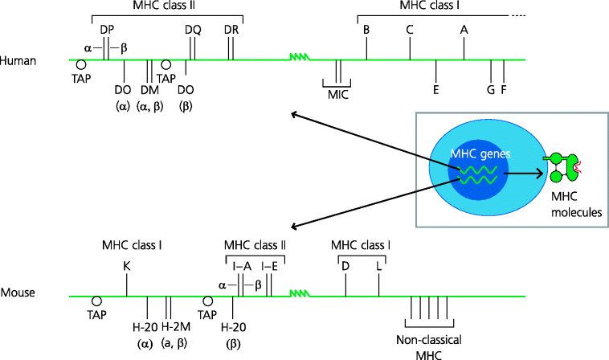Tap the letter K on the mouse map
(x=127, y=264)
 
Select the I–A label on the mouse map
(x=241, y=264)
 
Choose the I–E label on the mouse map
(x=270, y=264)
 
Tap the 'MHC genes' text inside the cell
(x=480, y=153)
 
